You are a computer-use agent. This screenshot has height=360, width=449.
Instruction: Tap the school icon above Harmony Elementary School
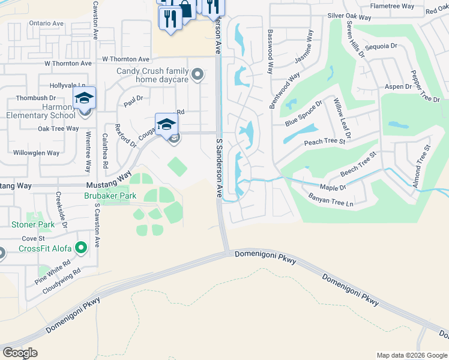pyautogui.click(x=85, y=98)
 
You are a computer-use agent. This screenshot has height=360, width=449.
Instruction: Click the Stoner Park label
pyautogui.click(x=32, y=225)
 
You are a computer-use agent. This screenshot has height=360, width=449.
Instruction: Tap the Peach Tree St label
pyautogui.click(x=325, y=142)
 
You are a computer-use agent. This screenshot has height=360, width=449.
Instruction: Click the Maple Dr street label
pyautogui.click(x=333, y=188)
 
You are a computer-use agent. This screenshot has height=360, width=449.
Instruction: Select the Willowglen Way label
pyautogui.click(x=37, y=153)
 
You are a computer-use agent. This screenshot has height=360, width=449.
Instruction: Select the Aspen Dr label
pyautogui.click(x=398, y=87)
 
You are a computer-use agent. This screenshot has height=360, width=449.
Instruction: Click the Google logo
pyautogui.click(x=20, y=353)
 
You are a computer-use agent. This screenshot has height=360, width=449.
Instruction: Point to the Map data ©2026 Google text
pyautogui.click(x=412, y=355)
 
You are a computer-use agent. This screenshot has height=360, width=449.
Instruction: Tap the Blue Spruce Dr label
pyautogui.click(x=304, y=113)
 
